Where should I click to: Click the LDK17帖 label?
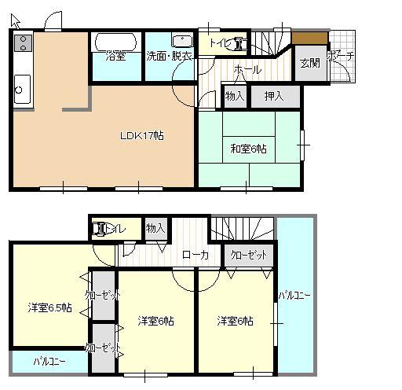click(141, 135)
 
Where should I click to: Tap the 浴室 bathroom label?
click(116, 56)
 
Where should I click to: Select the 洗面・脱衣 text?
click(168, 56)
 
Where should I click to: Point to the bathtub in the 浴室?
click(116, 42)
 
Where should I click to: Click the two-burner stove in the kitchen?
click(22, 43)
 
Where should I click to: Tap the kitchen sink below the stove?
click(20, 87)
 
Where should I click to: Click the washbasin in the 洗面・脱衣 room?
click(181, 40)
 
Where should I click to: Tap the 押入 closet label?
click(274, 96)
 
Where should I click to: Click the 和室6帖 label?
click(248, 147)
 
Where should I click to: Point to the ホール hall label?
click(246, 70)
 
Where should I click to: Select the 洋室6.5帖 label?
click(50, 307)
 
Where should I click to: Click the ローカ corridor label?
click(195, 254)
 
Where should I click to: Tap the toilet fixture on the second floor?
click(100, 230)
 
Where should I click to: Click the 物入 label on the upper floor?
click(155, 228)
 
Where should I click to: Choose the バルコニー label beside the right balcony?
click(295, 296)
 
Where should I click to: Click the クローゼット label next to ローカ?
click(247, 256)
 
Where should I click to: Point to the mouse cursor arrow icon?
click(15, 20)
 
